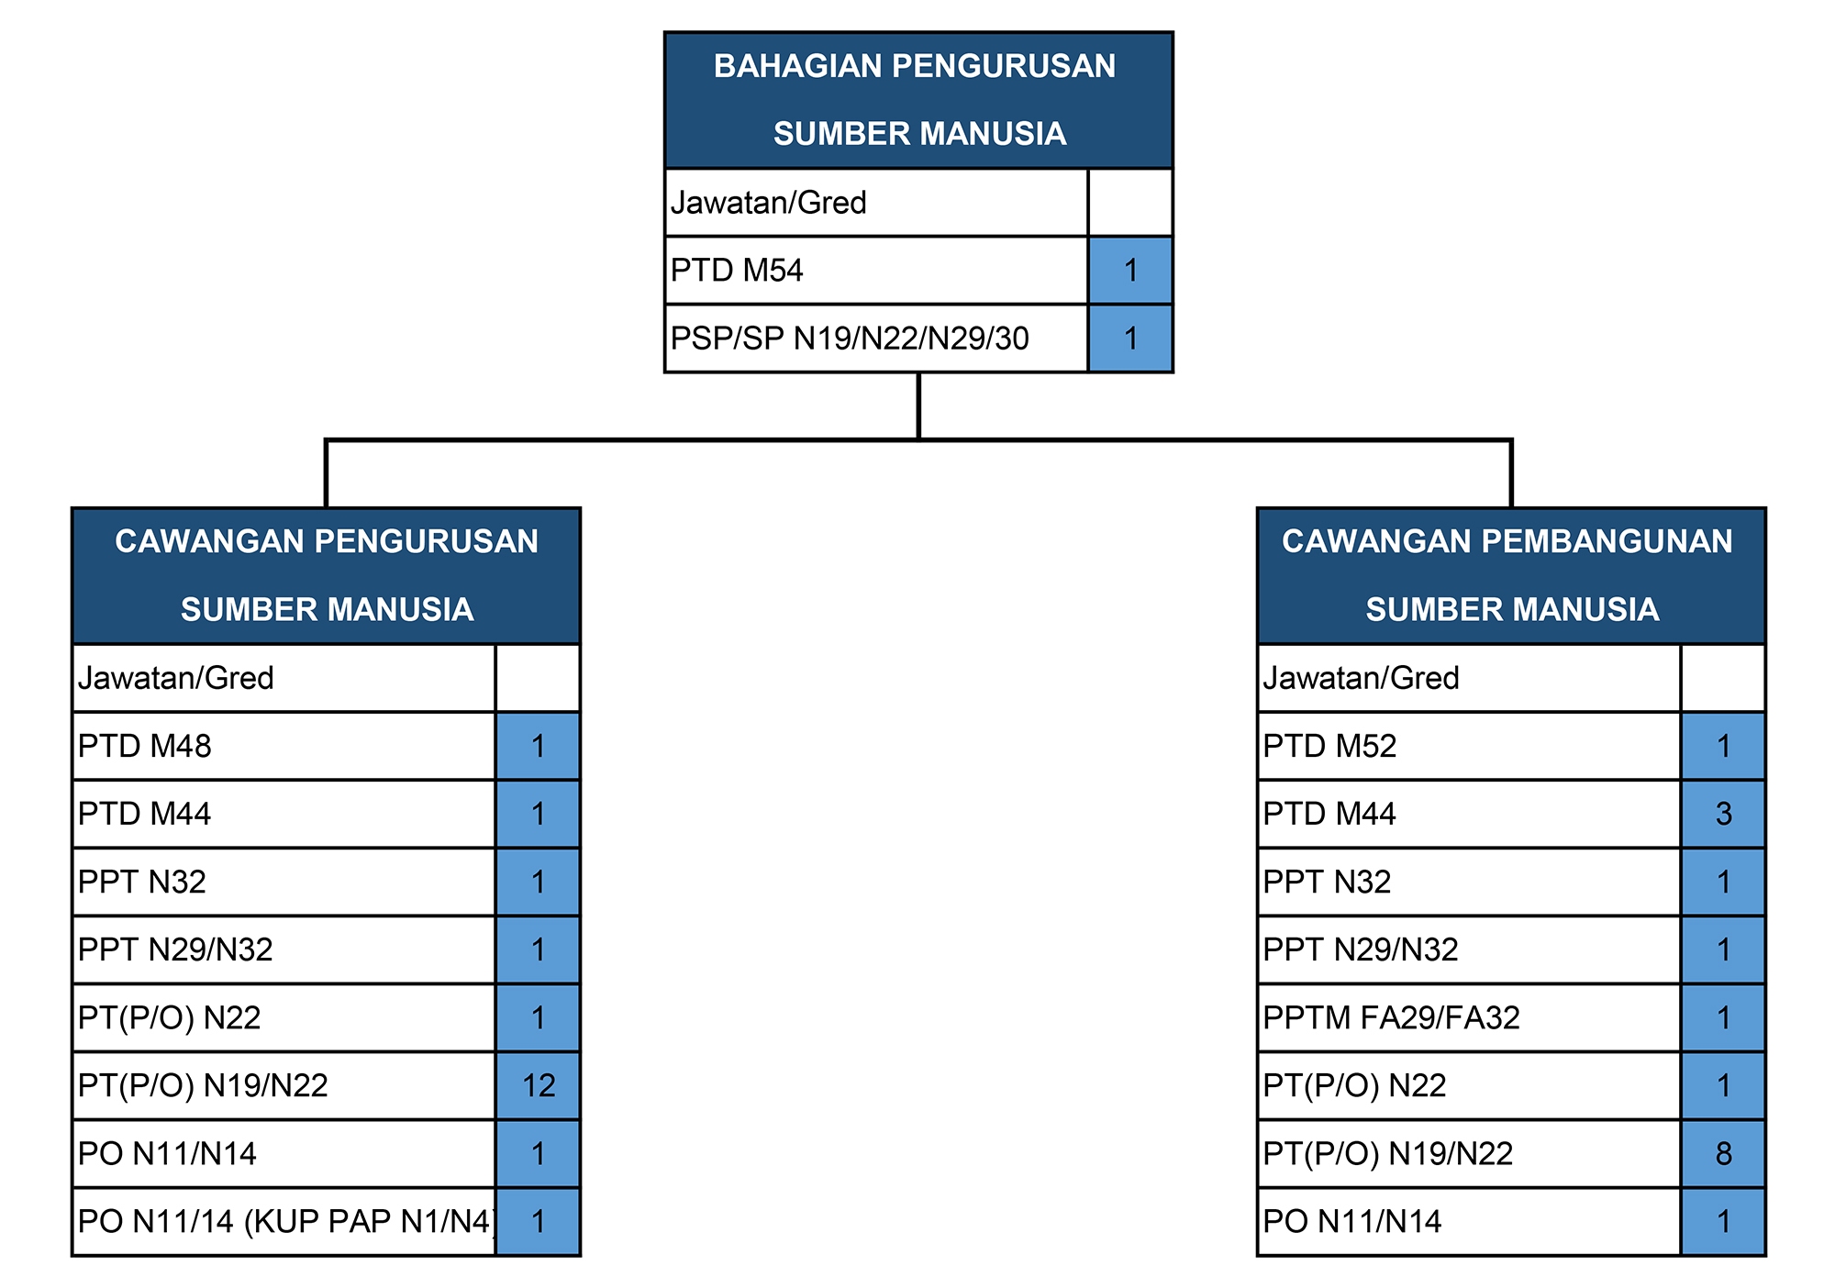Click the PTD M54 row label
(737, 271)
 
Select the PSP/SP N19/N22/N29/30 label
(850, 339)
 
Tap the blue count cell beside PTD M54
(1130, 271)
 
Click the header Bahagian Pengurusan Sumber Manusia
(918, 100)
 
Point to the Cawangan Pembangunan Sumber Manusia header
(1511, 575)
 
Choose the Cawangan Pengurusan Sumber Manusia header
(326, 575)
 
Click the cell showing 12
(539, 1085)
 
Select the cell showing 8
(1723, 1153)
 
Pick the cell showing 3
(1723, 814)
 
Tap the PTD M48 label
(144, 746)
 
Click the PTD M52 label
(1329, 746)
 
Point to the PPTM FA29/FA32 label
(1391, 1017)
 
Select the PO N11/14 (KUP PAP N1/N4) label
(286, 1221)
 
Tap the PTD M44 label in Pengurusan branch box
(144, 814)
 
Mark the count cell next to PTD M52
(1723, 746)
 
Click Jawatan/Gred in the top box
(768, 203)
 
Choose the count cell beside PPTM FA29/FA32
(1723, 1017)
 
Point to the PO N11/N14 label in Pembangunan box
(1352, 1221)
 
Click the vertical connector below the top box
(918, 406)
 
